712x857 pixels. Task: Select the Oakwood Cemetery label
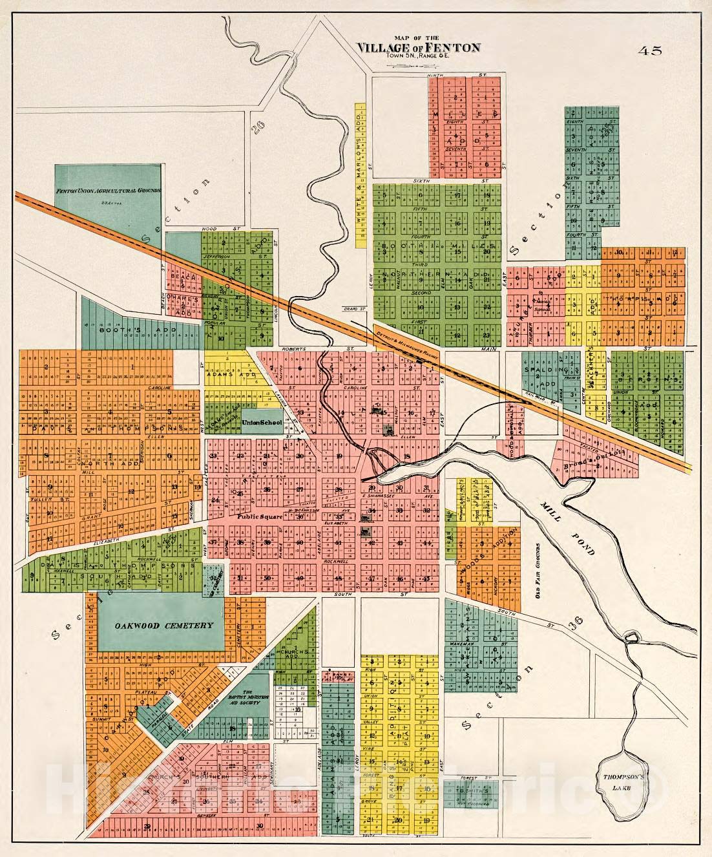pos(164,626)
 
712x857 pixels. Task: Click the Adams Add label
pos(223,374)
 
